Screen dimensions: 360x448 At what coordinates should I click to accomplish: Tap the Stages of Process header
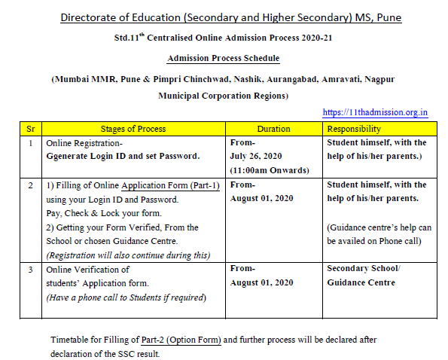point(133,129)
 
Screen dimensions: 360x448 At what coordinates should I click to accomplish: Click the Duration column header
point(273,129)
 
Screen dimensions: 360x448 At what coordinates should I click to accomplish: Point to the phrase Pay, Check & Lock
point(90,212)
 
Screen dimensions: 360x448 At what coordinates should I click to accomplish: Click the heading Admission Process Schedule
point(223,58)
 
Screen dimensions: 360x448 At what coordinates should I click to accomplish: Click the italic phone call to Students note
point(125,297)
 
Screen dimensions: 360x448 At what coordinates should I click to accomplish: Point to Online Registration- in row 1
point(84,142)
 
